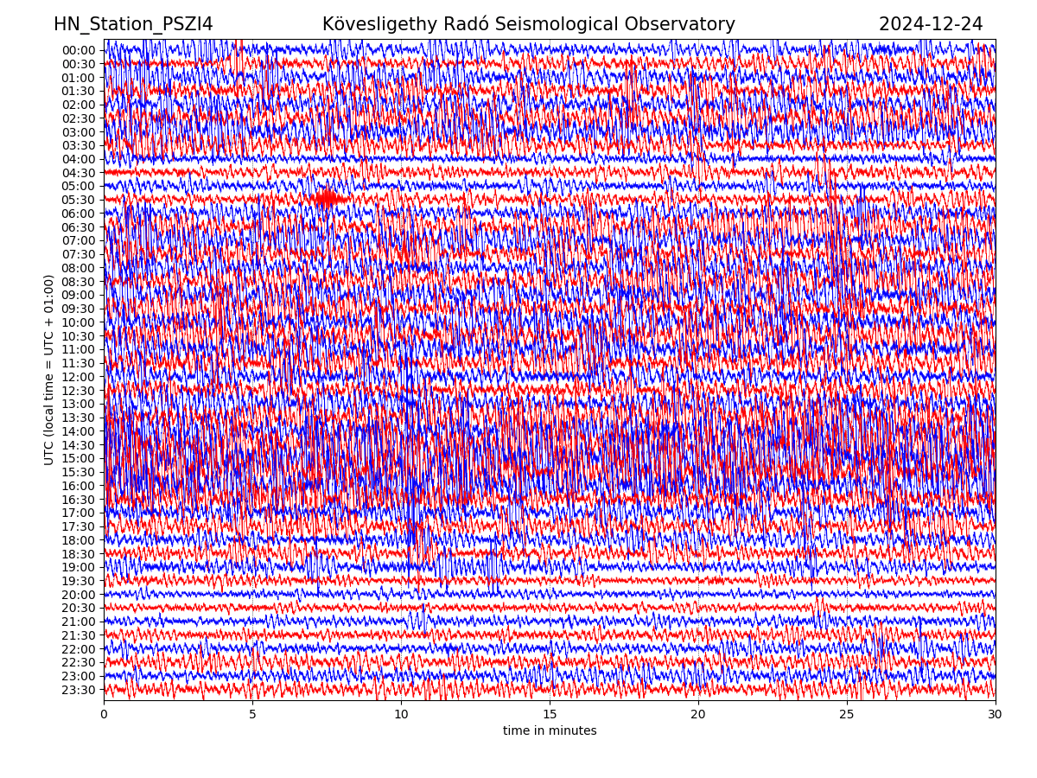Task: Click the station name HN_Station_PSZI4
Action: pyautogui.click(x=133, y=25)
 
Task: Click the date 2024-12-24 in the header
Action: pyautogui.click(x=931, y=25)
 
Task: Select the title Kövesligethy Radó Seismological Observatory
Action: pyautogui.click(x=528, y=25)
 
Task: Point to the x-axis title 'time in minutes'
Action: pyautogui.click(x=550, y=731)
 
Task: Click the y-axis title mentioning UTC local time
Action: pyautogui.click(x=49, y=369)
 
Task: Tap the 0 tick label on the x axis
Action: pyautogui.click(x=104, y=715)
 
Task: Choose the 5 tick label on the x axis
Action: pyautogui.click(x=252, y=715)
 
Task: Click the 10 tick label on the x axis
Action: pyautogui.click(x=401, y=715)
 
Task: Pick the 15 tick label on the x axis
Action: pyautogui.click(x=550, y=715)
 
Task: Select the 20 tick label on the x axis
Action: pyautogui.click(x=698, y=715)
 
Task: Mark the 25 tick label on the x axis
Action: pyautogui.click(x=847, y=715)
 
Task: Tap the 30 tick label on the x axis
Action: pyautogui.click(x=996, y=715)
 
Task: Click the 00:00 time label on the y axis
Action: pyautogui.click(x=79, y=50)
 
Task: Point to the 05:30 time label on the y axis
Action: pyautogui.click(x=79, y=200)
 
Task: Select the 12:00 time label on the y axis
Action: pyautogui.click(x=79, y=377)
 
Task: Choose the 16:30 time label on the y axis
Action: pyautogui.click(x=79, y=500)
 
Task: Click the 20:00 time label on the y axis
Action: pyautogui.click(x=79, y=595)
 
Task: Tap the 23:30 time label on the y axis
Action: pyautogui.click(x=79, y=690)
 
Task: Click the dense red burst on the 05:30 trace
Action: pyautogui.click(x=328, y=199)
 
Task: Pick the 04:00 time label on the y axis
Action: pyautogui.click(x=79, y=159)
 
